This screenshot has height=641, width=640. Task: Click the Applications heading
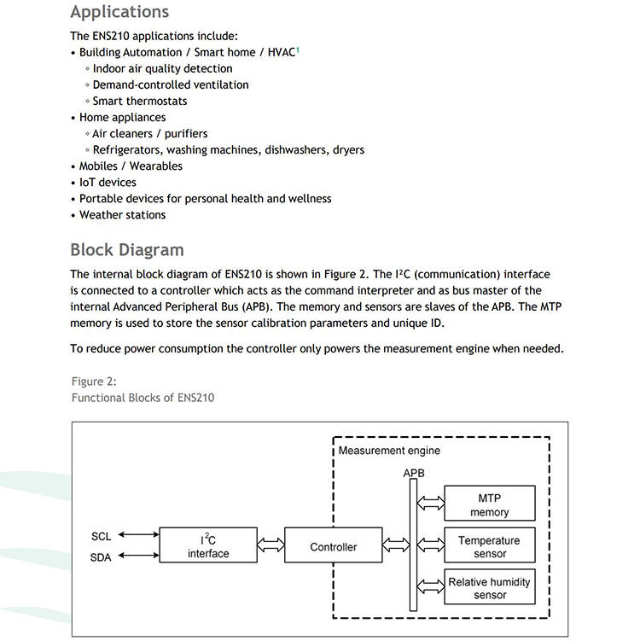click(119, 12)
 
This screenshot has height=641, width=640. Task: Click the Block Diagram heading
click(126, 250)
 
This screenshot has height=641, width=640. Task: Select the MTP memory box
click(489, 504)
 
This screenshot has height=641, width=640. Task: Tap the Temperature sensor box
click(489, 546)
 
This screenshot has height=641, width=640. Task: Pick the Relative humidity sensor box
click(489, 588)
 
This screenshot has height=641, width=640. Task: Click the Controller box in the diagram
click(333, 546)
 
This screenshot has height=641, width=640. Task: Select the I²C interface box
click(208, 546)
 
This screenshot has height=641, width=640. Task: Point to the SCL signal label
click(102, 537)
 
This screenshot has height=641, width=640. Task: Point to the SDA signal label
click(102, 557)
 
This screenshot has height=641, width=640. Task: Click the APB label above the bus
click(414, 472)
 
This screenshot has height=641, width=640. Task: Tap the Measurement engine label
click(389, 450)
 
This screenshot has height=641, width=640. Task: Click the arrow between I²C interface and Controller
click(270, 545)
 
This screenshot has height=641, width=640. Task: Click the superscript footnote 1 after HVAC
click(297, 50)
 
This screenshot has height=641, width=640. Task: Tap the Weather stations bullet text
click(122, 214)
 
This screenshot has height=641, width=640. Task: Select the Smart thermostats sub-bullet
click(139, 101)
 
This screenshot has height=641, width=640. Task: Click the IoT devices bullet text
click(108, 182)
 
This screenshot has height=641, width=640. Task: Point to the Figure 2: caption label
click(94, 382)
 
